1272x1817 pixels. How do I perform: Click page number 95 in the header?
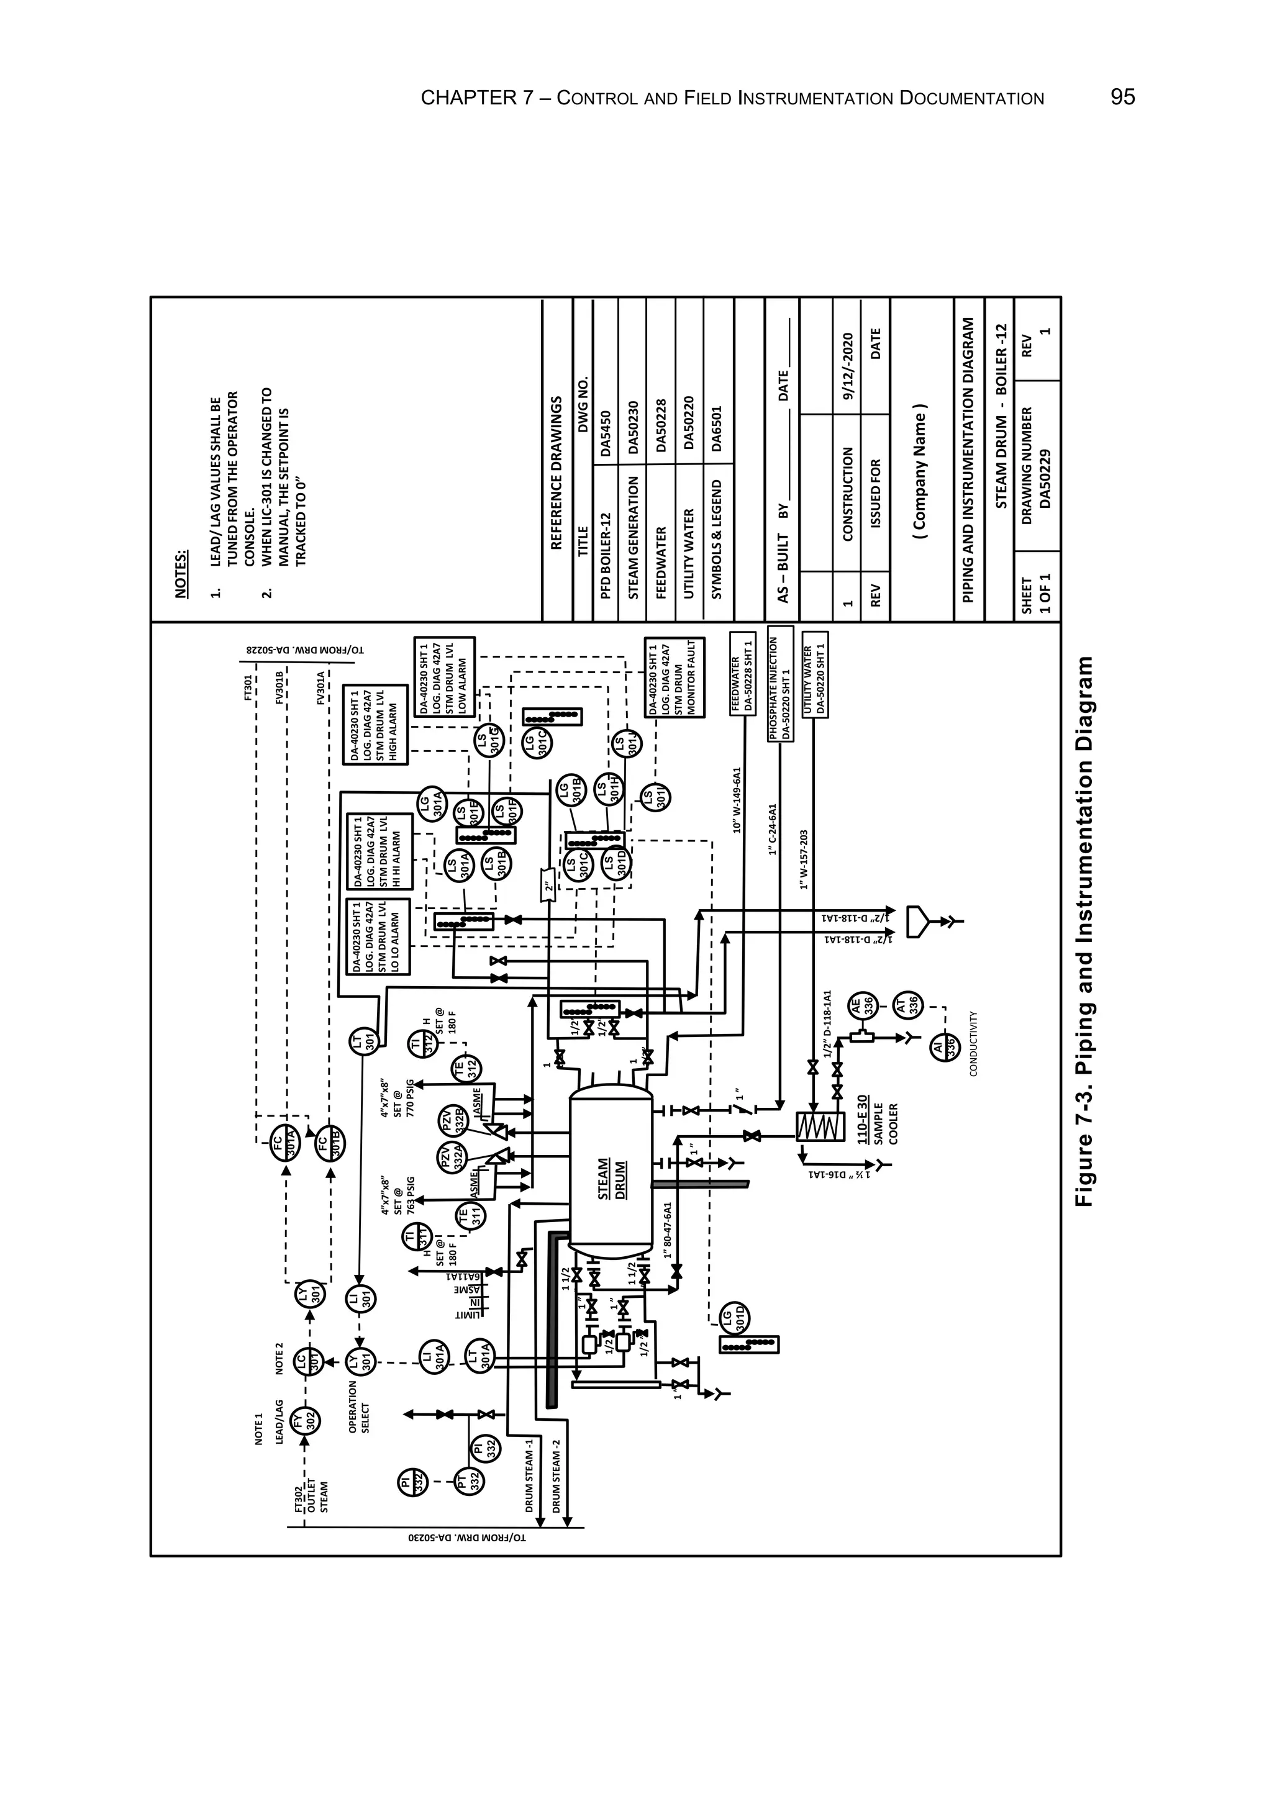pos(1122,97)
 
